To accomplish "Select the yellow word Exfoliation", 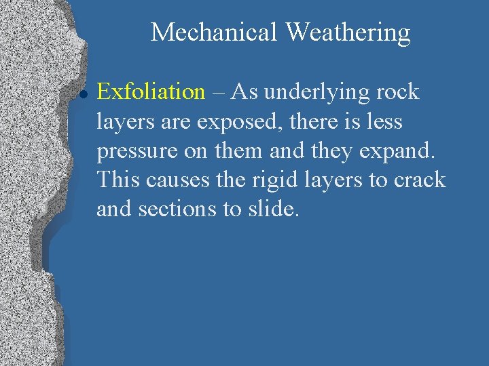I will click(151, 91).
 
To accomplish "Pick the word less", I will click(384, 122).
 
